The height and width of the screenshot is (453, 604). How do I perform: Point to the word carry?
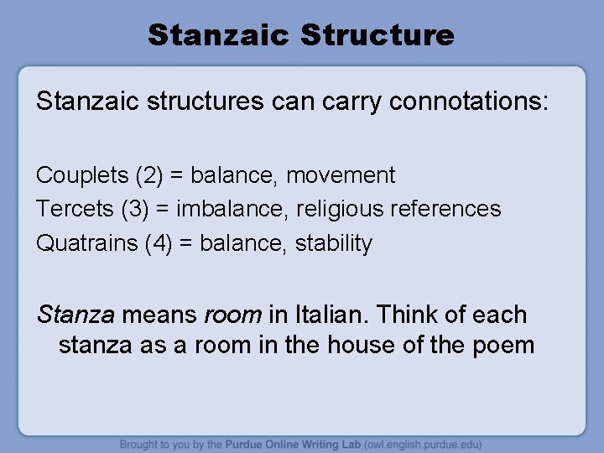pyautogui.click(x=351, y=104)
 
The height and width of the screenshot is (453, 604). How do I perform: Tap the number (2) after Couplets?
pyautogui.click(x=144, y=175)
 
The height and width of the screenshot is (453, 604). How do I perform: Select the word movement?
pyautogui.click(x=341, y=175)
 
